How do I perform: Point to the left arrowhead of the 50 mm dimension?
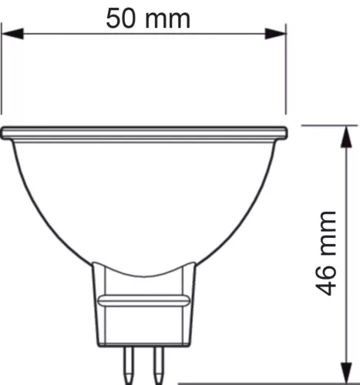(x=9, y=33)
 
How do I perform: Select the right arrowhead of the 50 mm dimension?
(x=278, y=33)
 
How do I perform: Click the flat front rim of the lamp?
(x=144, y=133)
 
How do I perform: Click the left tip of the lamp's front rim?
(x=4, y=133)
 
